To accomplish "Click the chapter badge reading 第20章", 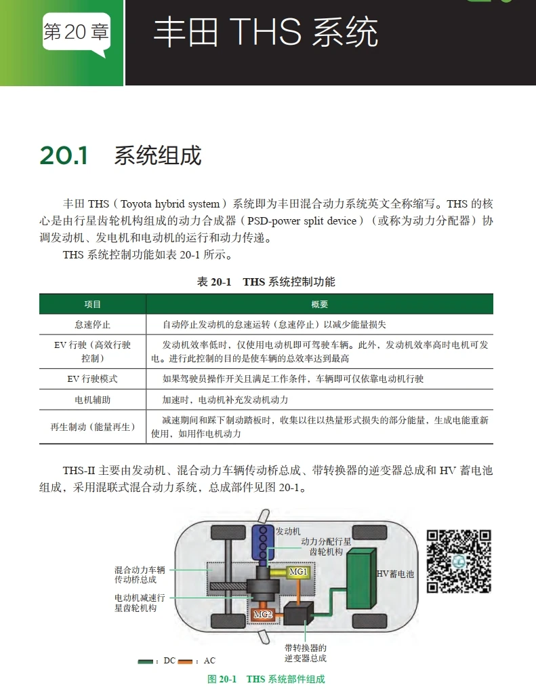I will point(75,33).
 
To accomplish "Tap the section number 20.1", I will point(64,155).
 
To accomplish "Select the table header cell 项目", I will point(92,305).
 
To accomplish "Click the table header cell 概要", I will point(319,305).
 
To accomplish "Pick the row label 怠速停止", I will point(92,324).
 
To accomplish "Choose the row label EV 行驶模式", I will point(92,379).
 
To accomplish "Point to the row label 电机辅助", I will point(92,400).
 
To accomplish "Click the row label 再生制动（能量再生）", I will point(92,427).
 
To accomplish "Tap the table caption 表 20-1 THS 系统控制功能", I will point(266,282).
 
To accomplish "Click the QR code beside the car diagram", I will point(458,561).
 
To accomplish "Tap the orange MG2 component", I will point(264,614).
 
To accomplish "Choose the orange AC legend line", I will point(186,661).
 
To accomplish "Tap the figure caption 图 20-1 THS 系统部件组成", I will point(266,679).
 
